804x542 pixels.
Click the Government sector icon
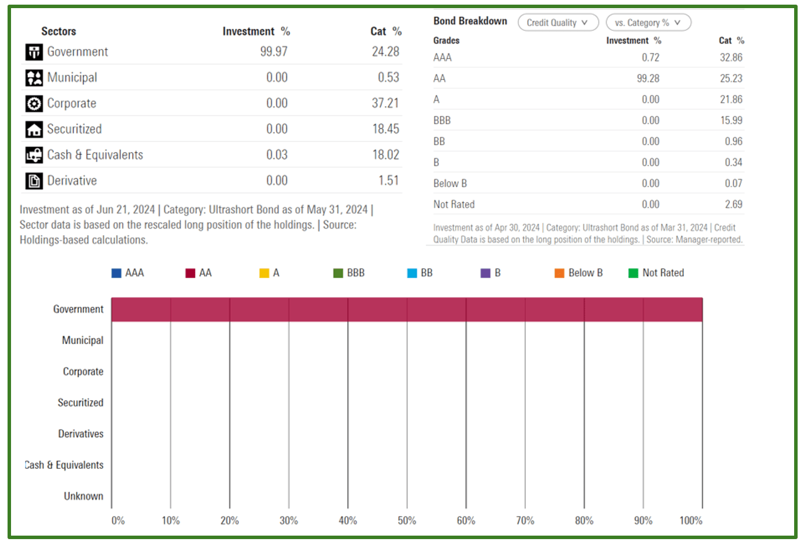click(x=34, y=52)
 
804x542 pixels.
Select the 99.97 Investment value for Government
click(x=273, y=52)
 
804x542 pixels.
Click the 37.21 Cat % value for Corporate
click(x=385, y=103)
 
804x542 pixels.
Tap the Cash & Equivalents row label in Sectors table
click(x=95, y=155)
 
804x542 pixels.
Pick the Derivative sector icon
click(x=34, y=181)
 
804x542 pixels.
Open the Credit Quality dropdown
click(x=557, y=23)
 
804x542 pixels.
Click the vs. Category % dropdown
click(x=648, y=23)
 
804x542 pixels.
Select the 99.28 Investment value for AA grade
click(x=648, y=78)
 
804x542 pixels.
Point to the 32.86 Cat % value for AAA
click(x=731, y=57)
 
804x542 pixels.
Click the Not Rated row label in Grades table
click(x=454, y=204)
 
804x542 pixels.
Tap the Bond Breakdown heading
click(x=470, y=21)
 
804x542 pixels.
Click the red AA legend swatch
click(x=190, y=273)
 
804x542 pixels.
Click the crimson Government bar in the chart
click(x=406, y=309)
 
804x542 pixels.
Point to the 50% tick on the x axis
click(x=406, y=521)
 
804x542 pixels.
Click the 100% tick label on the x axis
click(x=690, y=521)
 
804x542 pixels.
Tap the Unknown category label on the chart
click(x=84, y=496)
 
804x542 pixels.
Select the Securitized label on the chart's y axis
click(x=80, y=403)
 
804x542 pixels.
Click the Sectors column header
click(x=59, y=31)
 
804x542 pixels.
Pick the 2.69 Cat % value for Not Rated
click(x=733, y=204)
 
